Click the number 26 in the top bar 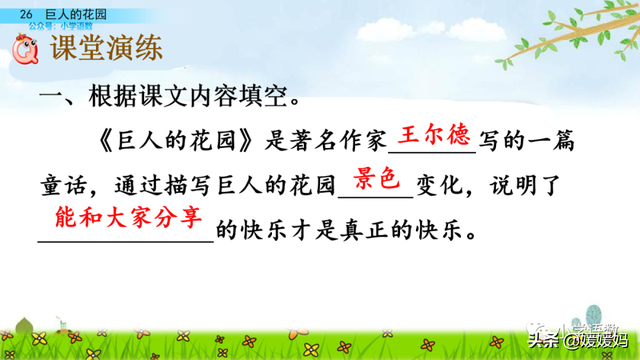click(25, 11)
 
